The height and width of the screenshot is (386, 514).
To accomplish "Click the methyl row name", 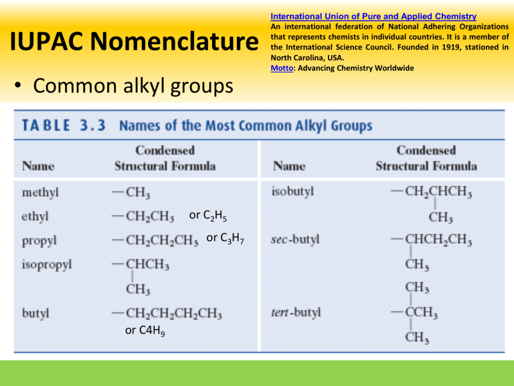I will [x=40, y=192].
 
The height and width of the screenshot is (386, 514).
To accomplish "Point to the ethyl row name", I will [x=35, y=216].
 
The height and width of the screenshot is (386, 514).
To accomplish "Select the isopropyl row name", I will [x=47, y=263].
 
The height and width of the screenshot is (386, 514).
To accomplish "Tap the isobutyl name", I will [x=293, y=192].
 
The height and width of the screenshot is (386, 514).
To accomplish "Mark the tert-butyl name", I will [x=298, y=312].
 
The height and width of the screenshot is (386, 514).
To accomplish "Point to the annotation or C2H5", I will [x=210, y=216].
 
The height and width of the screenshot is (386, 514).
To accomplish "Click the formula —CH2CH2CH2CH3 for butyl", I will [x=167, y=312].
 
